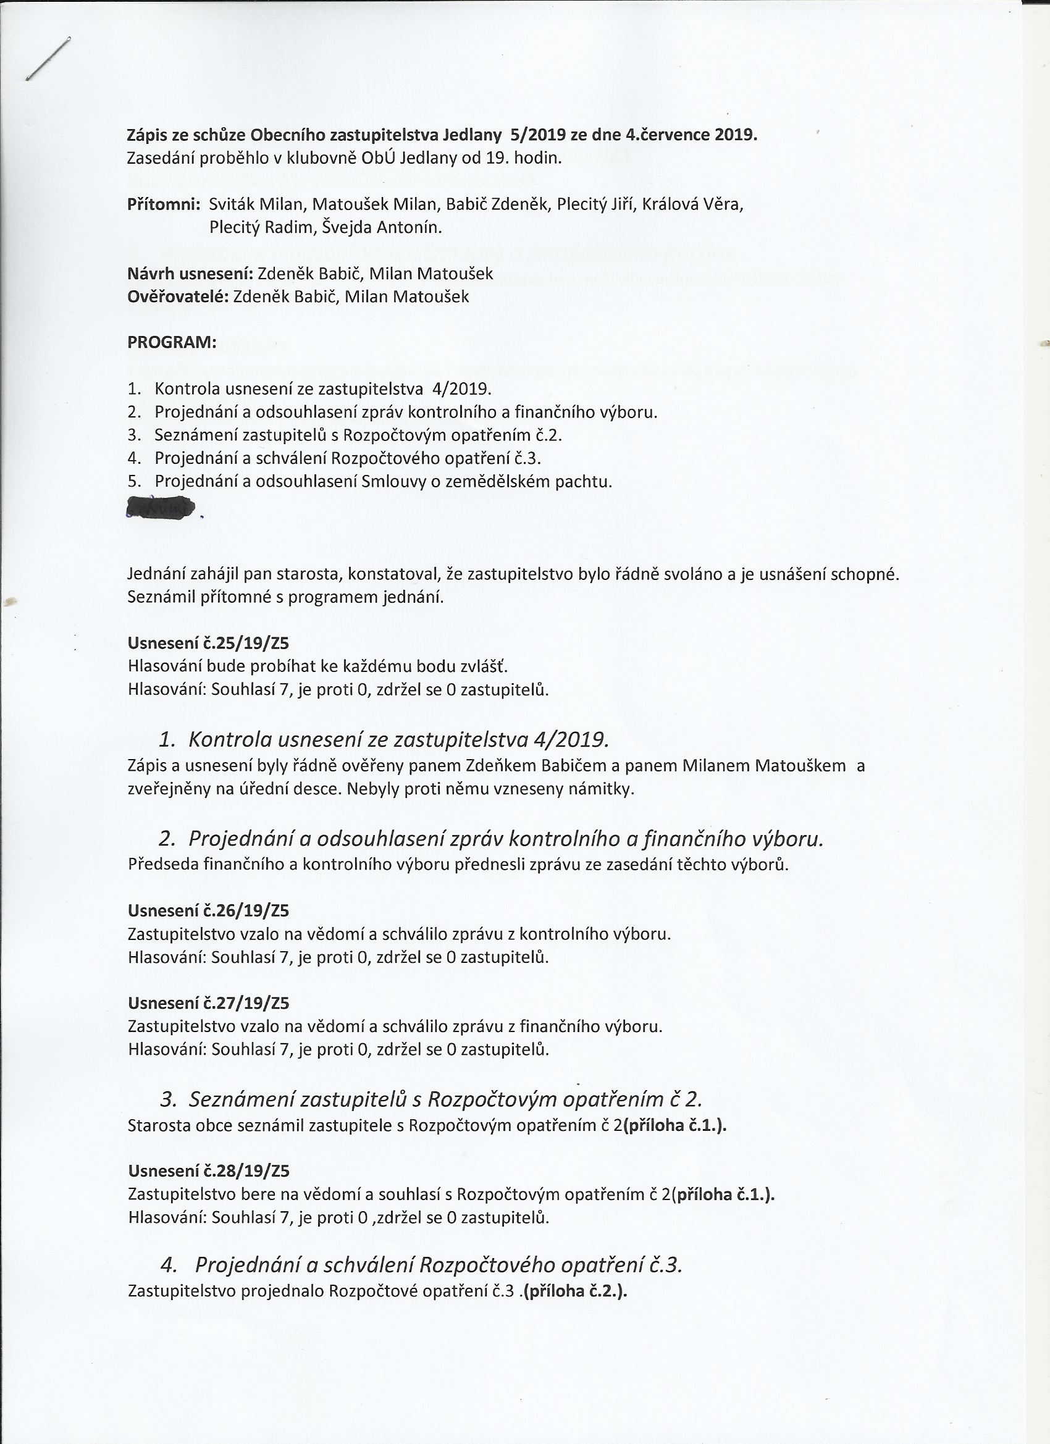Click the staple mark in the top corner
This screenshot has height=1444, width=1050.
point(48,59)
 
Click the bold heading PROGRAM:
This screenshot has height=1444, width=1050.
point(172,343)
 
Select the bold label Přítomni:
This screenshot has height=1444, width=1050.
point(164,204)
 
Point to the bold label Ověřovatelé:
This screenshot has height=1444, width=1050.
point(178,296)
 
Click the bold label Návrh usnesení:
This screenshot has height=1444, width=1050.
point(190,274)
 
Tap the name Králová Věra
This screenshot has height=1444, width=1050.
point(693,204)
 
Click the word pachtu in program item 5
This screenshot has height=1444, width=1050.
point(581,481)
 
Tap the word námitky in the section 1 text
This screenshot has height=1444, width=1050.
point(604,789)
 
